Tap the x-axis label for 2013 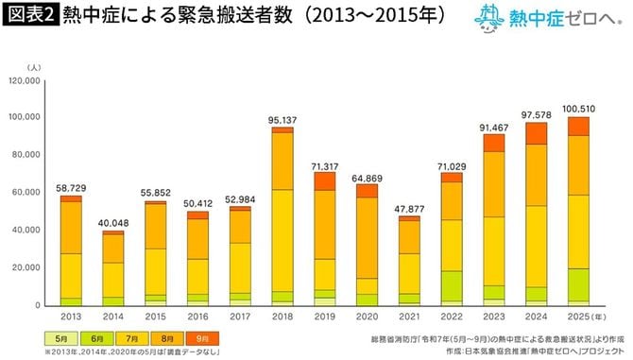71,316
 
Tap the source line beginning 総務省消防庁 491,335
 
